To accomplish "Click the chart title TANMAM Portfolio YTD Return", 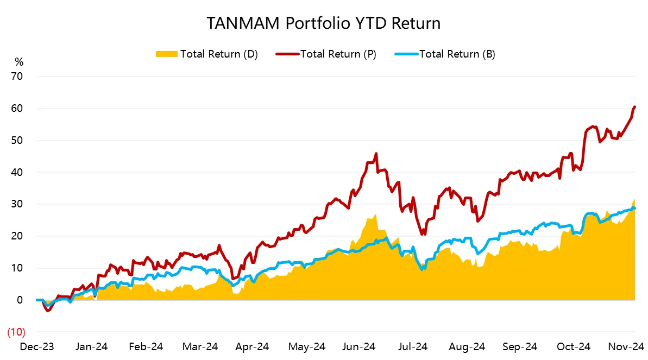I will [x=323, y=24].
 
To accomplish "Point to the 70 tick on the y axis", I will [x=17, y=77].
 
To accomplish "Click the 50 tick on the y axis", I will [x=17, y=141].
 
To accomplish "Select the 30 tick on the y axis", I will [x=17, y=204].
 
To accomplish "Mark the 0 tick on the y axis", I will [x=20, y=300].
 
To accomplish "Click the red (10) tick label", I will [x=15, y=332].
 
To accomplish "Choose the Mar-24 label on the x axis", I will [x=200, y=346].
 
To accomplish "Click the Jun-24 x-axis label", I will [x=361, y=346].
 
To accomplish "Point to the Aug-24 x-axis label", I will [x=469, y=346].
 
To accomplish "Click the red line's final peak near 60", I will [x=634, y=107].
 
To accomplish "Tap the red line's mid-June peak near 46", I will [x=376, y=154].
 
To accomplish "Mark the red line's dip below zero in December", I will [x=48, y=311].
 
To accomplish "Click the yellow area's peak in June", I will [x=376, y=215].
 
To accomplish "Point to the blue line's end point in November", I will [x=634, y=209].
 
